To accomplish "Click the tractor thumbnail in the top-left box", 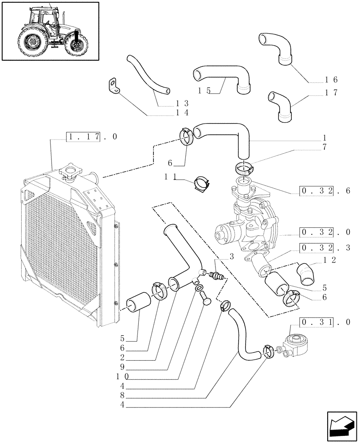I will (50, 31).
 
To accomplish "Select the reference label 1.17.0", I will (92, 137).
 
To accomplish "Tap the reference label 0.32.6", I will (325, 191).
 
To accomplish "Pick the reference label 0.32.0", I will (325, 232).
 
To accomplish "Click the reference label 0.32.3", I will (325, 247).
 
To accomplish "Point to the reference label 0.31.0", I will (325, 322).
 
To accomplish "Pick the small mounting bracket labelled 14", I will (114, 86).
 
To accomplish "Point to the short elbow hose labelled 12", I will (306, 273).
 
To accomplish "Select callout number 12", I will (329, 260).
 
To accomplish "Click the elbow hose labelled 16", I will (278, 48).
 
